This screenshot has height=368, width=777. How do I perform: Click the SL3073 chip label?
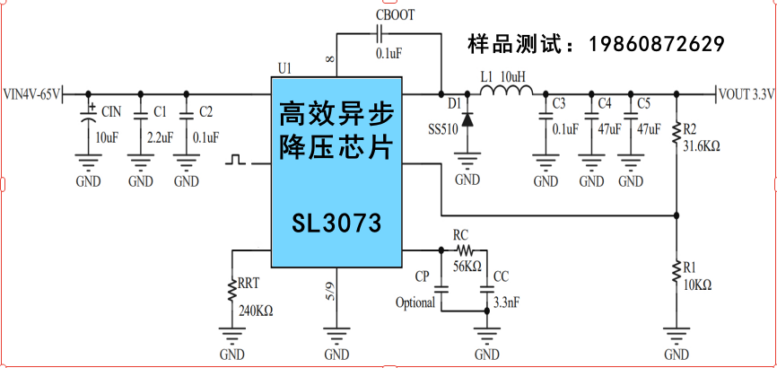click(336, 222)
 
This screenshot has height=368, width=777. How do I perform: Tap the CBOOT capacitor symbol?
click(380, 33)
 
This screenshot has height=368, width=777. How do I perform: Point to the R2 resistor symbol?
click(676, 133)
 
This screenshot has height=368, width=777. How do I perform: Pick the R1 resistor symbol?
click(676, 268)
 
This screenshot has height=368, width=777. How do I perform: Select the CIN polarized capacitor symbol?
click(88, 117)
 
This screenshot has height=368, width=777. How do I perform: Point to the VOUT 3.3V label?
click(746, 93)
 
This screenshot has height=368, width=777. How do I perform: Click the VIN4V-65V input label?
click(32, 93)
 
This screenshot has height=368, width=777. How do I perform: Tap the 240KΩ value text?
click(256, 311)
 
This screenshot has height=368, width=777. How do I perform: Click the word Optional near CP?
click(415, 302)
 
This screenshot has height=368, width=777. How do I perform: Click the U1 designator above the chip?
click(285, 68)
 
